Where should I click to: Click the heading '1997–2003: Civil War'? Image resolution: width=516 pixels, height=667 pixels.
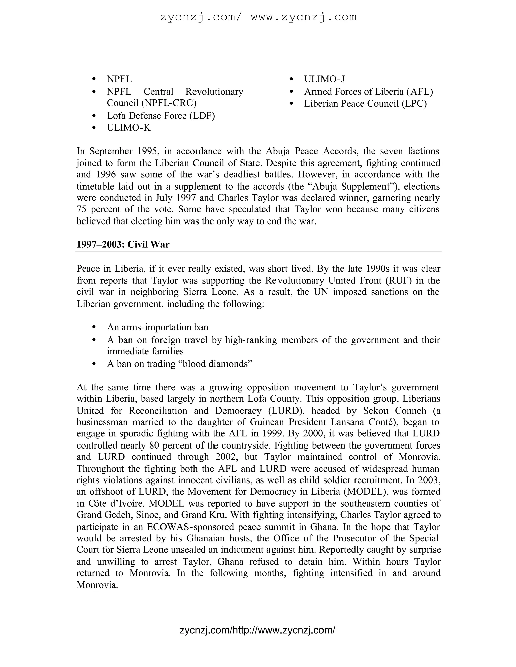coord(123,244)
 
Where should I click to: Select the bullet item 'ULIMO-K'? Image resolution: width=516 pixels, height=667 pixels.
coord(129,128)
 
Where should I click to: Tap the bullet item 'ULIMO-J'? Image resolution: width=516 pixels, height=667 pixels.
coord(324,79)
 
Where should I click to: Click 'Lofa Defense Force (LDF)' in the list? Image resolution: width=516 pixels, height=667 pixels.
coord(161,116)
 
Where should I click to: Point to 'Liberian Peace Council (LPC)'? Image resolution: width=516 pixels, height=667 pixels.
coord(365,104)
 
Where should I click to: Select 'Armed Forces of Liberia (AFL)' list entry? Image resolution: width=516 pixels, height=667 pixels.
coord(368,92)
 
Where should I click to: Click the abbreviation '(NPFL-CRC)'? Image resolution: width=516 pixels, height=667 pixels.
coord(169,103)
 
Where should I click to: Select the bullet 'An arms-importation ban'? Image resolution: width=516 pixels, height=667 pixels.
coord(157,327)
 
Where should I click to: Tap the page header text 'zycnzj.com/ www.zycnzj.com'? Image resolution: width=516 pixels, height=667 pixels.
coord(258,17)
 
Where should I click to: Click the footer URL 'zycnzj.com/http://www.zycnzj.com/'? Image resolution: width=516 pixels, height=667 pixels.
coord(257,630)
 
